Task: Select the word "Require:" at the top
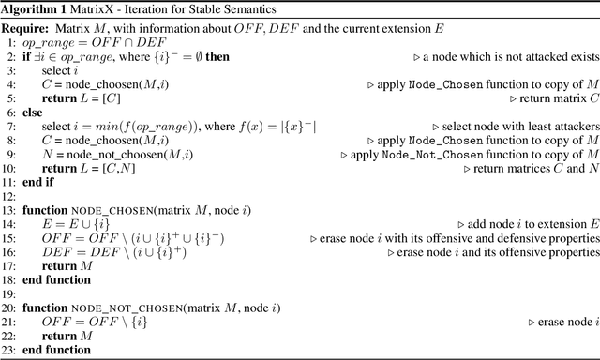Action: [28, 26]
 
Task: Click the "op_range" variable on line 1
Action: [46, 44]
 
